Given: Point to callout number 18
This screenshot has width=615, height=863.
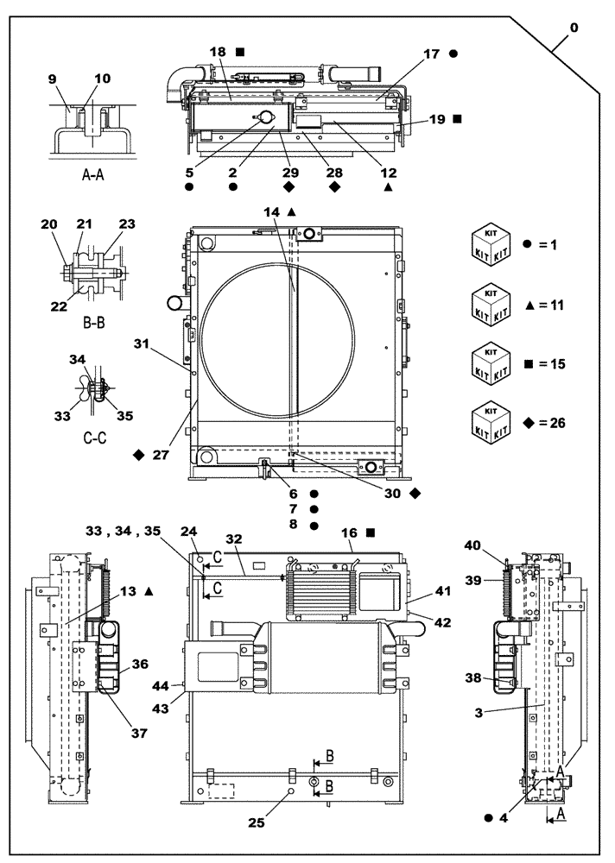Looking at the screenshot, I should (217, 53).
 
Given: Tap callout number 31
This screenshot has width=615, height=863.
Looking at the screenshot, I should (142, 344).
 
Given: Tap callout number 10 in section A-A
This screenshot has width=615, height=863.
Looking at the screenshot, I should (102, 79).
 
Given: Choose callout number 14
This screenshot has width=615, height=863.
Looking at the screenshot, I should (270, 211).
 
